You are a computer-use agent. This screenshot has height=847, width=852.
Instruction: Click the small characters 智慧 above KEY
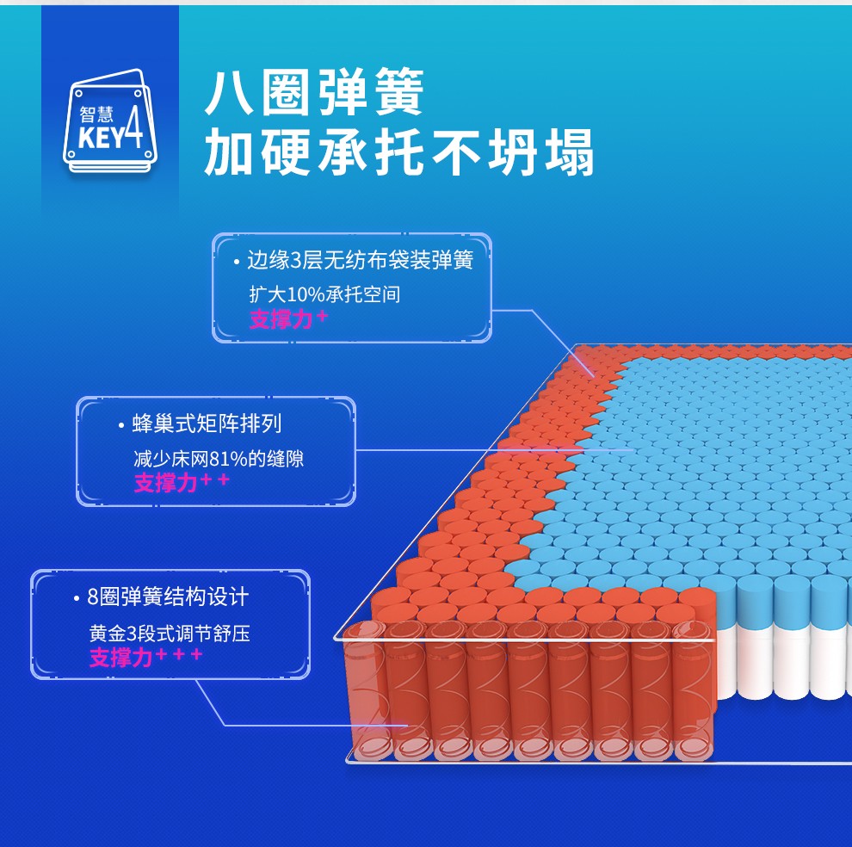pos(97,114)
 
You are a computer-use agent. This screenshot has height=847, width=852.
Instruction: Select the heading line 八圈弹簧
pos(315,94)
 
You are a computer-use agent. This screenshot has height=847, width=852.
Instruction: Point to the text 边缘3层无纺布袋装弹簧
pos(360,260)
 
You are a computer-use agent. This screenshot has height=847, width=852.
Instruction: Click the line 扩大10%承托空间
pos(324,294)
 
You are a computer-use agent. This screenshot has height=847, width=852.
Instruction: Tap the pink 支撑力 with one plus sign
pos(288,319)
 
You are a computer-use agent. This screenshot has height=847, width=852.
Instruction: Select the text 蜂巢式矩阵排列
pos(207,423)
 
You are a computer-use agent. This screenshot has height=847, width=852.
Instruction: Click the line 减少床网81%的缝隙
pos(219,459)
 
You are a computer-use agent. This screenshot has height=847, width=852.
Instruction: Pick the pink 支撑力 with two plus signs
pos(182,482)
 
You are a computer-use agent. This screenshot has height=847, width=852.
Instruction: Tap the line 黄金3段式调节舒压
pos(170,634)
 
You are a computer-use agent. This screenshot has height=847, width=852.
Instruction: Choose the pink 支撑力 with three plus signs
pos(145,658)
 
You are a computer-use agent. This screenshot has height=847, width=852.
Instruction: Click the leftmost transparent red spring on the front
pos(362,689)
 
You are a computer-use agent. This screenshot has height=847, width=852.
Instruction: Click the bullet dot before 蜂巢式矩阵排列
pos(121,424)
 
